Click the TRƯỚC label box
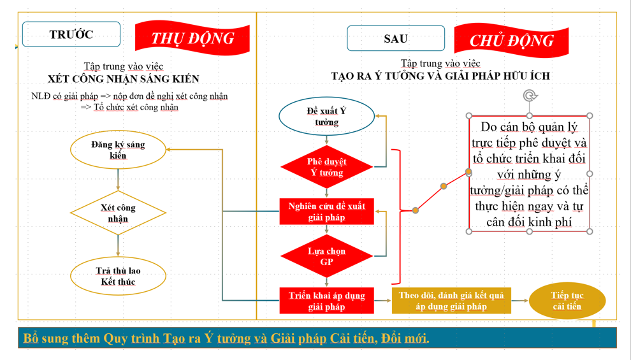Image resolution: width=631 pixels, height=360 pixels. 71,34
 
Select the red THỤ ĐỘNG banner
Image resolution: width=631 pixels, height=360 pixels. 192,38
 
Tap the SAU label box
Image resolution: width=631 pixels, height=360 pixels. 395,38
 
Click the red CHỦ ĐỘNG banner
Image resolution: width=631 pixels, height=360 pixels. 511,40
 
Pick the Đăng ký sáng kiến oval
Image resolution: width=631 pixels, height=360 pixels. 118,150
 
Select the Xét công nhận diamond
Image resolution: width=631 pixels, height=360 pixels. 118,213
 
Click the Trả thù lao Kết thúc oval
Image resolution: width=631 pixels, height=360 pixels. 118,276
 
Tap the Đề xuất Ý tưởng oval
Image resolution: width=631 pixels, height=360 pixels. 326,116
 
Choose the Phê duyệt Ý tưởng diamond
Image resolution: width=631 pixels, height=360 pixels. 326,167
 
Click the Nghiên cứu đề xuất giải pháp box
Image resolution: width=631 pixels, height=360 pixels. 326,212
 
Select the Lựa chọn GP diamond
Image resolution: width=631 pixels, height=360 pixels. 326,256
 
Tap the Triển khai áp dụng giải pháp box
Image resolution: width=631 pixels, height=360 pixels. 326,301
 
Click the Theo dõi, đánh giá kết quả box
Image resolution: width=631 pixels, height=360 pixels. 451,301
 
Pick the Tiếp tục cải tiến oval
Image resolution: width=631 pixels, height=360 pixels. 567,301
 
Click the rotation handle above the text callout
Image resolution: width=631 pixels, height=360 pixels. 530,96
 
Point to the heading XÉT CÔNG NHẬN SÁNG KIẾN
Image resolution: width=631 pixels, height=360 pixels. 124,79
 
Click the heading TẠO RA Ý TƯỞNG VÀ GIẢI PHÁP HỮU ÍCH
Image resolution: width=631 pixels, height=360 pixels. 440,76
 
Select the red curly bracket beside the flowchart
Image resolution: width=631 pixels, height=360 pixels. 398,217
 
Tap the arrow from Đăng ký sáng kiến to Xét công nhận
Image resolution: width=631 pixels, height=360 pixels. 118,179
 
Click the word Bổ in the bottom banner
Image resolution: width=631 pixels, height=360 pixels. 30,338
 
